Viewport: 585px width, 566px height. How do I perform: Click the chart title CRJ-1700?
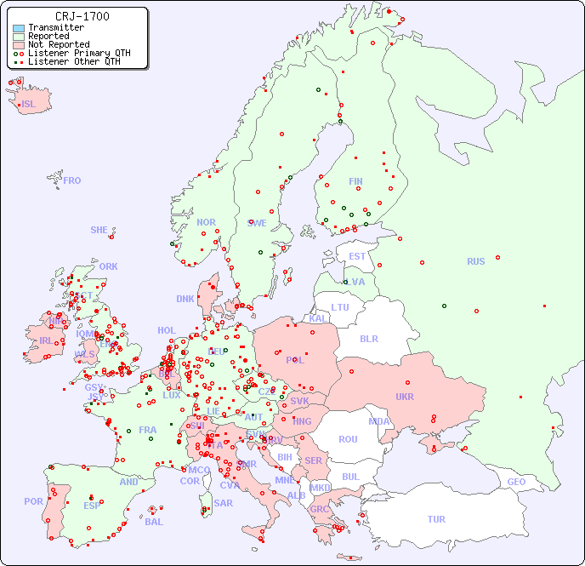point(82,16)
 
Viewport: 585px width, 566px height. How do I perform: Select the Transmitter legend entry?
point(55,28)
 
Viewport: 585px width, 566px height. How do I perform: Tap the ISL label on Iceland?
point(29,105)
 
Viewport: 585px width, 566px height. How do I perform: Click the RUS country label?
point(475,261)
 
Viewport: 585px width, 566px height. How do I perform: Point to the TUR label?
point(436,519)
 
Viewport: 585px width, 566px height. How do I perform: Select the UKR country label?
point(404,397)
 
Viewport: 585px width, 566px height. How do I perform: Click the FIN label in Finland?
point(355,181)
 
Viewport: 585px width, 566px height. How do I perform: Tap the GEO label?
point(516,482)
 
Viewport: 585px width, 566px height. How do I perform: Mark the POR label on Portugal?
point(33,501)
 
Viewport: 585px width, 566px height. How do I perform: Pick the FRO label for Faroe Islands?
point(71,180)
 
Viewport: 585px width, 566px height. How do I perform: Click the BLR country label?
point(368,338)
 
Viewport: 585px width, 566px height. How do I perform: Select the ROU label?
point(348,439)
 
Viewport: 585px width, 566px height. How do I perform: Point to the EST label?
point(357,256)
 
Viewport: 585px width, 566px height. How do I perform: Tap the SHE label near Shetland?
point(99,230)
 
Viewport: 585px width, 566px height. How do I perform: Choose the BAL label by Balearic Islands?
point(154,522)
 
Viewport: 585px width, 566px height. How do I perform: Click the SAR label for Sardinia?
point(223,503)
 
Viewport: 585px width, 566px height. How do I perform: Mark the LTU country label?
point(340,307)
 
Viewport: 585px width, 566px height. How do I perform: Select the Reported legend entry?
point(48,37)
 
